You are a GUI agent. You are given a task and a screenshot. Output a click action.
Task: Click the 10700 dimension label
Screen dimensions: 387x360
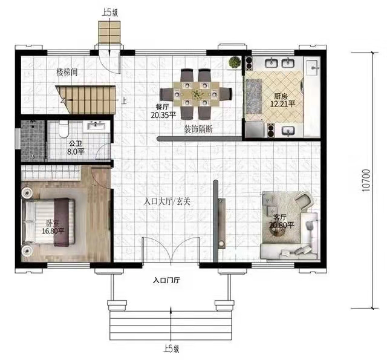pos(366,180)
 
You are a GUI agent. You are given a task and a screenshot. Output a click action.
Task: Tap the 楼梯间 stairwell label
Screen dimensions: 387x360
pos(67,73)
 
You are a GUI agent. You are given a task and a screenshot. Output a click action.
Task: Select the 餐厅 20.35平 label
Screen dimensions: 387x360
pos(163,111)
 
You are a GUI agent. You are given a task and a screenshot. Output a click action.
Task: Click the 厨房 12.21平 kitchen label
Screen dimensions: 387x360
pos(282,100)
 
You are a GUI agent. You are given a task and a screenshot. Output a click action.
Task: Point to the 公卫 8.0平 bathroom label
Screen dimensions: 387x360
pos(76,148)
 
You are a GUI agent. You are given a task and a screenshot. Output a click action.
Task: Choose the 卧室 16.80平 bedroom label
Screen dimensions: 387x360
pos(53,227)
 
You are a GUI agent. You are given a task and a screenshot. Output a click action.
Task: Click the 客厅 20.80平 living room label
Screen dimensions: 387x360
pos(281,221)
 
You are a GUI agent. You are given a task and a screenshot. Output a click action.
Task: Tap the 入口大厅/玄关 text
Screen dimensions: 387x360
pos(167,201)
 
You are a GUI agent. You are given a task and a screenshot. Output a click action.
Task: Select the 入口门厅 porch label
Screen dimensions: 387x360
pos(167,280)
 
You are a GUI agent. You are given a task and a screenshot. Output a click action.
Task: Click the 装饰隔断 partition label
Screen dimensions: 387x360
pos(198,129)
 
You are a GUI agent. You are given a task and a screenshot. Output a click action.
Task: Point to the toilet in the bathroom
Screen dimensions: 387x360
pos(63,129)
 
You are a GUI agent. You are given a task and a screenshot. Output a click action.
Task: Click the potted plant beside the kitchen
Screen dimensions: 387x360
pos(235,62)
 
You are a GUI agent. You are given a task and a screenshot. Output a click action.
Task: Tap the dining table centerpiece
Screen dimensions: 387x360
pos(197,94)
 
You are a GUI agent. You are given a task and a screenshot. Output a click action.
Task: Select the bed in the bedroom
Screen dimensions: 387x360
pos(48,222)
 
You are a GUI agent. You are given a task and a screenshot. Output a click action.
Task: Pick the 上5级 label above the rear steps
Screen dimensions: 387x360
pos(110,12)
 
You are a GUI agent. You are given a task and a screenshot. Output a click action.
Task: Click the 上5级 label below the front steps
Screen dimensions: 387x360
pos(171,349)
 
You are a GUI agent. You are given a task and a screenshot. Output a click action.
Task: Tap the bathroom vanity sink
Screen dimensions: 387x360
pos(96,126)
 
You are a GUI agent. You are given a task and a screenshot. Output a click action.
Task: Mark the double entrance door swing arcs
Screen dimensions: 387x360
pos(171,250)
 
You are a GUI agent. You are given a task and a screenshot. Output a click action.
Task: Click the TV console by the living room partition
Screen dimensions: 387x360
pos(222,223)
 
